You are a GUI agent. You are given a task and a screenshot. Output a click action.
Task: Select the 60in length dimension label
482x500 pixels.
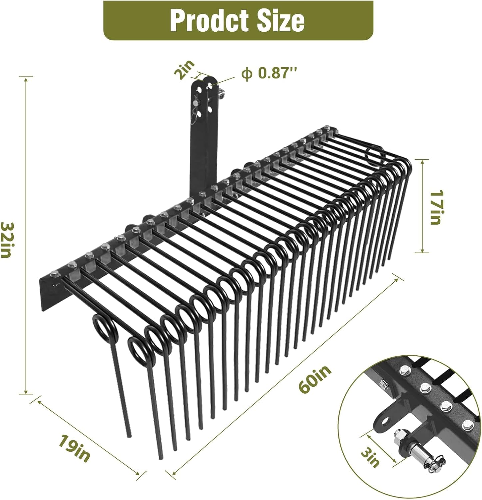pyautogui.click(x=315, y=380)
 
